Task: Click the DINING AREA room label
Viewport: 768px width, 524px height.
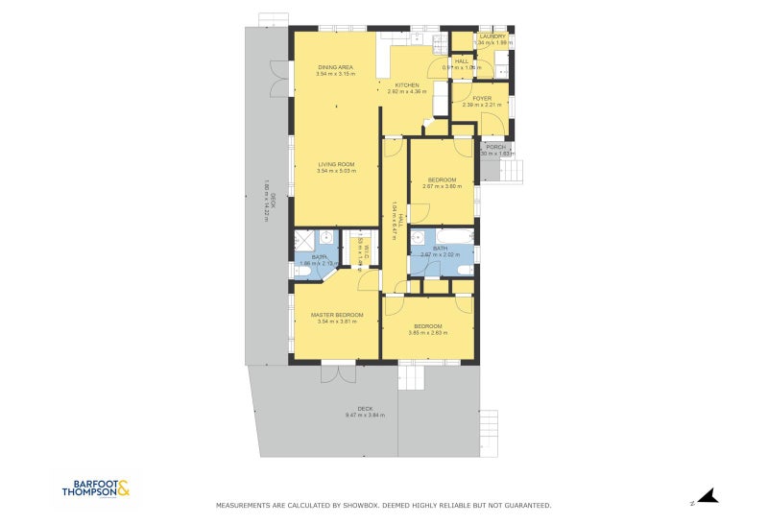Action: pos(336,67)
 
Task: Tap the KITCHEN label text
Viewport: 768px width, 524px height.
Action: pos(406,85)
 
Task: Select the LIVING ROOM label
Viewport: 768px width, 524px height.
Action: pos(336,164)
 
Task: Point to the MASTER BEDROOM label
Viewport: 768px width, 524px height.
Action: pos(336,315)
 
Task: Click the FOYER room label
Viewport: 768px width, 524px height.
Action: pos(481,98)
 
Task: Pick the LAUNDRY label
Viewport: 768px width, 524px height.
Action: pos(493,36)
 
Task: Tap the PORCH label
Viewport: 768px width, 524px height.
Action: pos(495,147)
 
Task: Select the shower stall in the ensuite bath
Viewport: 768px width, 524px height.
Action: pos(307,241)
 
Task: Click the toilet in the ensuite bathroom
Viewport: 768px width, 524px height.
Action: pos(303,273)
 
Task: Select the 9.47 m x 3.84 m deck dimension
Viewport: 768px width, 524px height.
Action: pos(365,416)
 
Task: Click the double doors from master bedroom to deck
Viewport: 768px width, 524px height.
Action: pos(331,370)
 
